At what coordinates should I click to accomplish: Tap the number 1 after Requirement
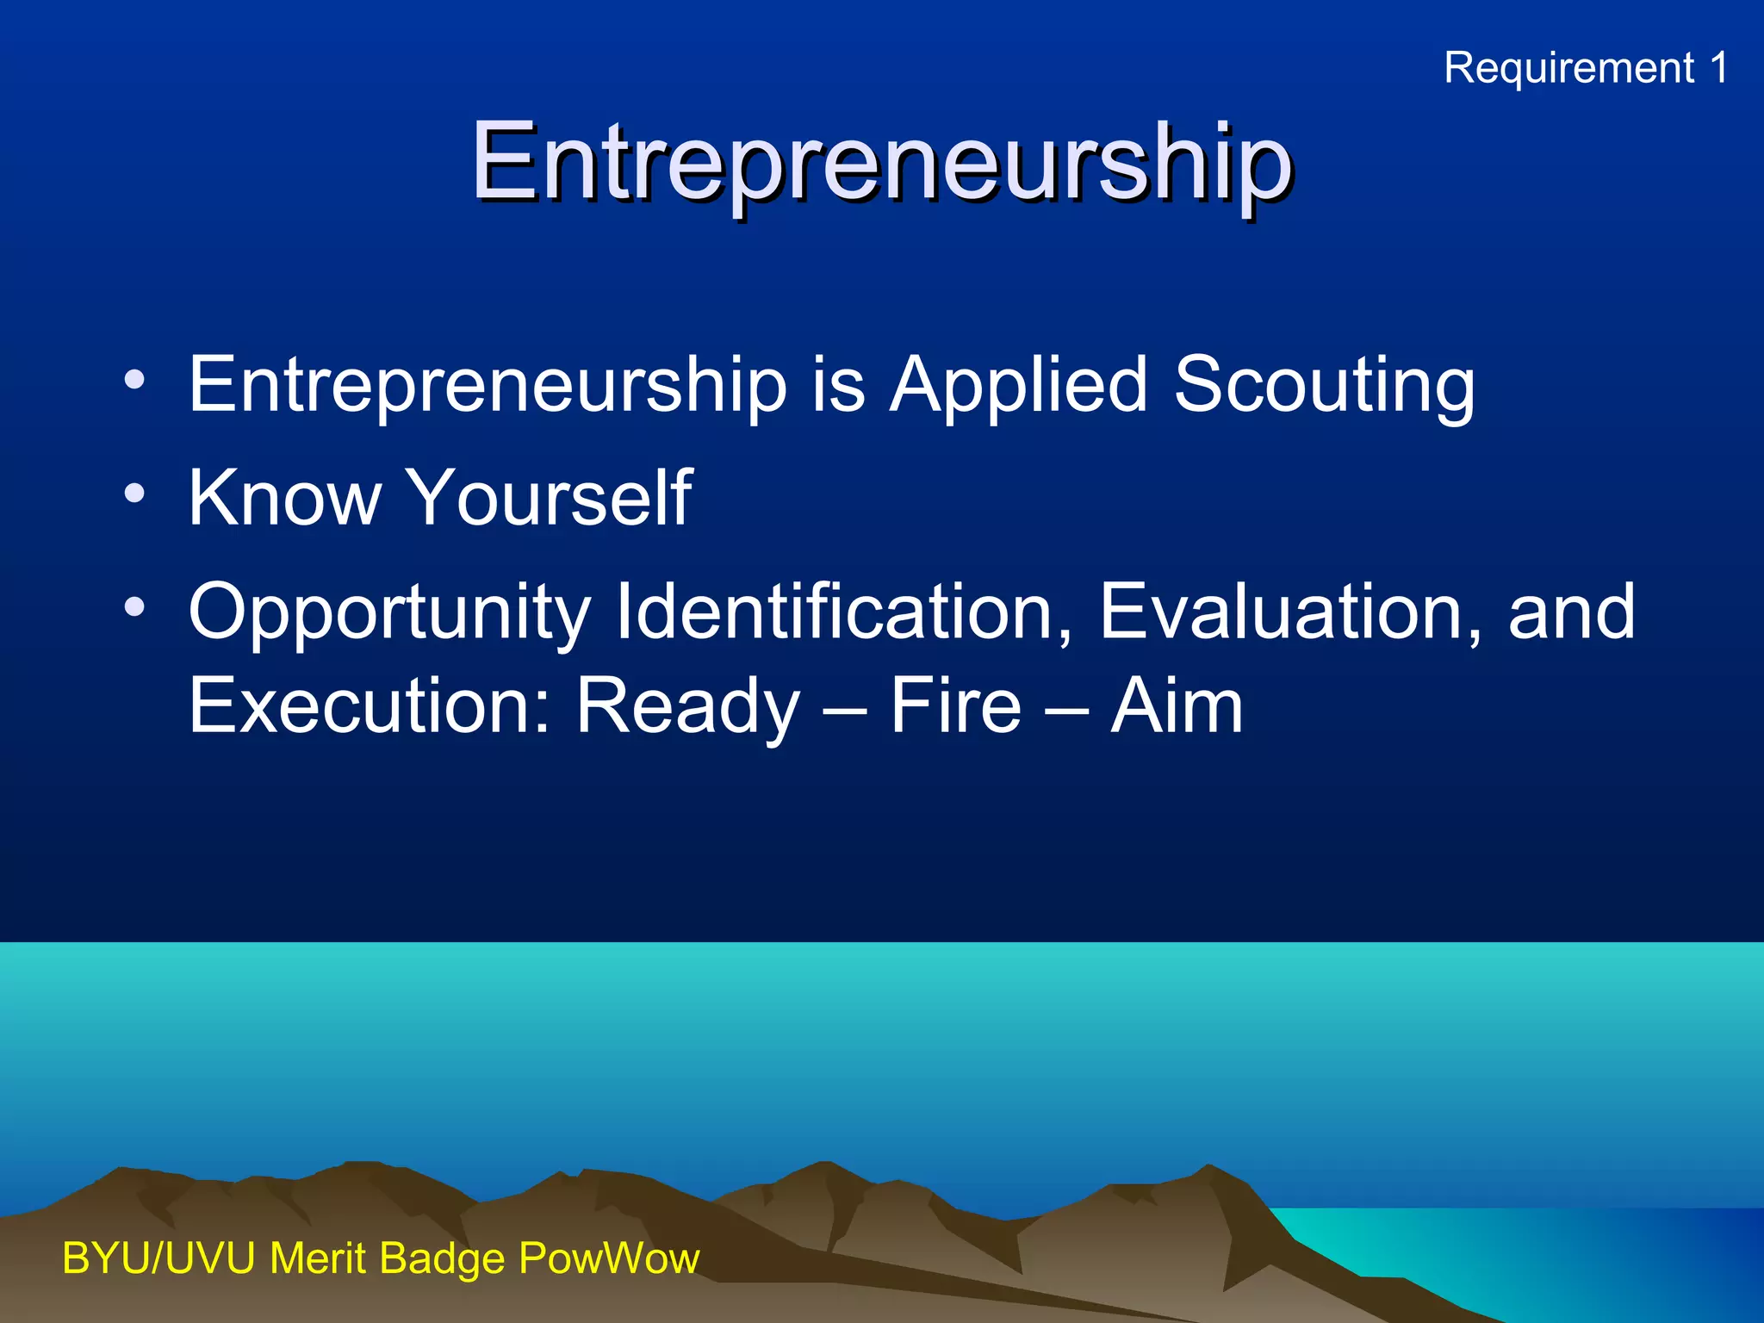coord(1718,68)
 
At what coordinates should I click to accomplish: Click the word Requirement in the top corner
coord(1568,68)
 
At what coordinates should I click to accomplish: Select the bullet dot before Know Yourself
coord(134,494)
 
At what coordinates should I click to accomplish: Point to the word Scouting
coord(1324,384)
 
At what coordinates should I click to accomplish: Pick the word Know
coord(284,497)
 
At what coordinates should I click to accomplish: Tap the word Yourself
coord(549,497)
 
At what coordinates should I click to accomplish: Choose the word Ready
coord(688,705)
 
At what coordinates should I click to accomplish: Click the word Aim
coord(1177,705)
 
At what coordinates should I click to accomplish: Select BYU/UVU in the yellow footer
coord(158,1258)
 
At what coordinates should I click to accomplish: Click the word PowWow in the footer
coord(609,1258)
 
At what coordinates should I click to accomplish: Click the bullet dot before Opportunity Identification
coord(134,607)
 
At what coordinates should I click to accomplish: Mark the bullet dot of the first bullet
coord(134,380)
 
